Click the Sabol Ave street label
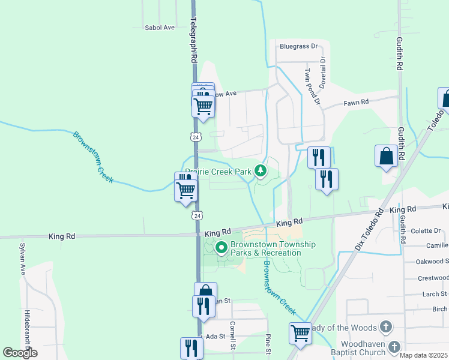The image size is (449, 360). click(159, 28)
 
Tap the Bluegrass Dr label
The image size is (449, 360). click(297, 46)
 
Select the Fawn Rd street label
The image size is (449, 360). click(356, 103)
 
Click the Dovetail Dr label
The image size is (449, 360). click(322, 73)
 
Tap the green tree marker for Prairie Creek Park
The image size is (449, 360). click(260, 172)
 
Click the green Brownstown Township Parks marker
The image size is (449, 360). click(221, 247)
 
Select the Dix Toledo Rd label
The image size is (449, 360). click(369, 229)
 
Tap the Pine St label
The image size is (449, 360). click(268, 343)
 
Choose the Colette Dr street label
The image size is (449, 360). click(426, 230)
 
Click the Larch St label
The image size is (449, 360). click(431, 294)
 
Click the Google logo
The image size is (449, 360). click(20, 353)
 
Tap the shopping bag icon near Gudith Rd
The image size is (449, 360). click(387, 156)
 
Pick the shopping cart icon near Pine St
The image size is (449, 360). click(300, 333)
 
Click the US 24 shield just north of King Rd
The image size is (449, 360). click(198, 215)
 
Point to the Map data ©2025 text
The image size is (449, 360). click(423, 355)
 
